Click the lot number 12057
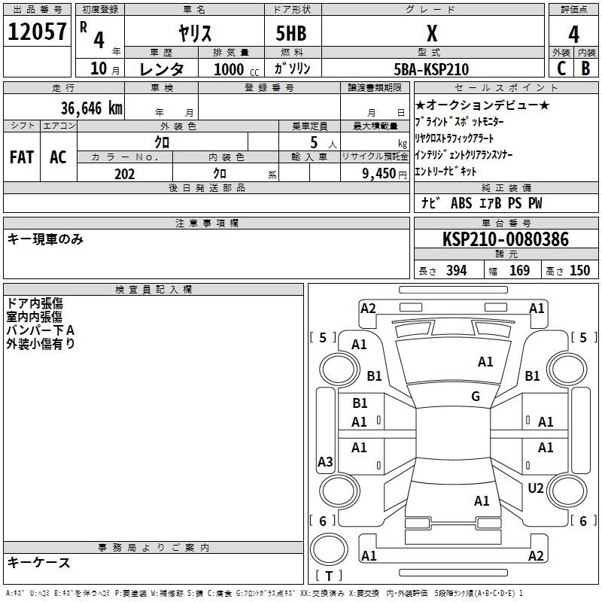[37, 32]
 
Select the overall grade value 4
[573, 35]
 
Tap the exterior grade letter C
[561, 68]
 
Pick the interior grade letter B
[585, 68]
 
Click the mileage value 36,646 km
[92, 108]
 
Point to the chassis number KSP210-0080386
[506, 239]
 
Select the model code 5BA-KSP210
[431, 69]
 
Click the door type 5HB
[291, 33]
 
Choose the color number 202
[124, 174]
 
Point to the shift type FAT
[22, 157]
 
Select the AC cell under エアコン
[58, 157]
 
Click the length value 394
[456, 270]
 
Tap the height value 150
[579, 270]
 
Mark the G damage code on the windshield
[476, 396]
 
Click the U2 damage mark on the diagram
[536, 488]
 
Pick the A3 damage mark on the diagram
[325, 461]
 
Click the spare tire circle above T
[329, 549]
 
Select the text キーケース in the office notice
[39, 562]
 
